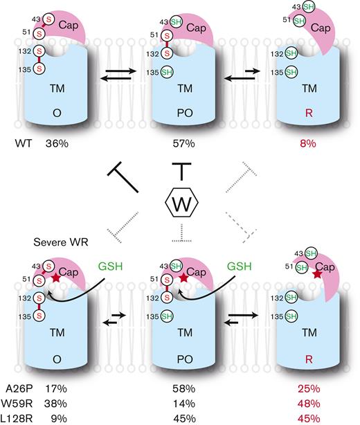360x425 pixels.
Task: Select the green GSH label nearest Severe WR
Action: coord(109,265)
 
